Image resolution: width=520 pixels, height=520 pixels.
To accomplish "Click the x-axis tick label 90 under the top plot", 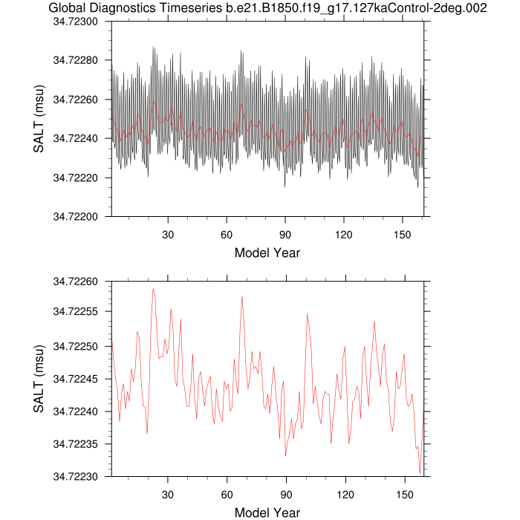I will coord(285,232).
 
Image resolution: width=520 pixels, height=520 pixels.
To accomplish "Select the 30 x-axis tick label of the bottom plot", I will coord(168,492).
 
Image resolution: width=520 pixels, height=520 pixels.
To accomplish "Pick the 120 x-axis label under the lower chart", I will coord(344,492).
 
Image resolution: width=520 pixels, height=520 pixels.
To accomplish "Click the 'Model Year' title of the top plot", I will coord(267,253).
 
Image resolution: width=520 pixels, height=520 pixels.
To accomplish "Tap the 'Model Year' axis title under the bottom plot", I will coord(267,512).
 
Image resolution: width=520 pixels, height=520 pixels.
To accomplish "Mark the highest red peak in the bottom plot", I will coord(153,289).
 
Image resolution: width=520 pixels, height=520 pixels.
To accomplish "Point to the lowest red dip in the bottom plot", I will coord(420,473).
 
